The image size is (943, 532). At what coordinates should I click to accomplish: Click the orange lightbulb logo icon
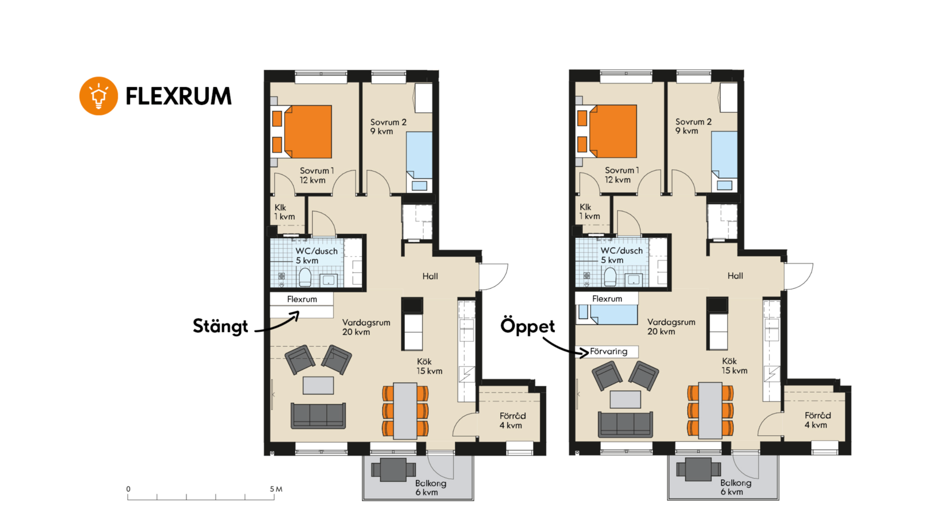99,96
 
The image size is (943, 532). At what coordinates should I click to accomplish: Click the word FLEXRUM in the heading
178,96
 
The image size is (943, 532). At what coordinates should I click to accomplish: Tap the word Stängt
220,326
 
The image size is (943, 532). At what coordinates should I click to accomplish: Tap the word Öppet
527,326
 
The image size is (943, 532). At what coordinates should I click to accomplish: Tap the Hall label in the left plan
430,276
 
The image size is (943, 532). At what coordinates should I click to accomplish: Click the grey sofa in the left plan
318,415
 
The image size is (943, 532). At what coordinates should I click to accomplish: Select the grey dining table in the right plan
710,410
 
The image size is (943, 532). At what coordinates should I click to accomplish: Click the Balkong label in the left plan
430,483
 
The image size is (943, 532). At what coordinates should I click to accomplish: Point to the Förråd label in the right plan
818,415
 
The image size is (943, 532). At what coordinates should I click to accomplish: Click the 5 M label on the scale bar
276,489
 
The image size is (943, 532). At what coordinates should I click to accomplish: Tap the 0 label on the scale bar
128,489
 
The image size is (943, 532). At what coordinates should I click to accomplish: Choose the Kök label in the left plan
424,362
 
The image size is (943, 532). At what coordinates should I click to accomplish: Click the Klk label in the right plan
585,207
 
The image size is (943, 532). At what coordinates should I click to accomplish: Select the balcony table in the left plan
393,469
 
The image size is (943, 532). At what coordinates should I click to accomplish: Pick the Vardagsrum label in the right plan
671,322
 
